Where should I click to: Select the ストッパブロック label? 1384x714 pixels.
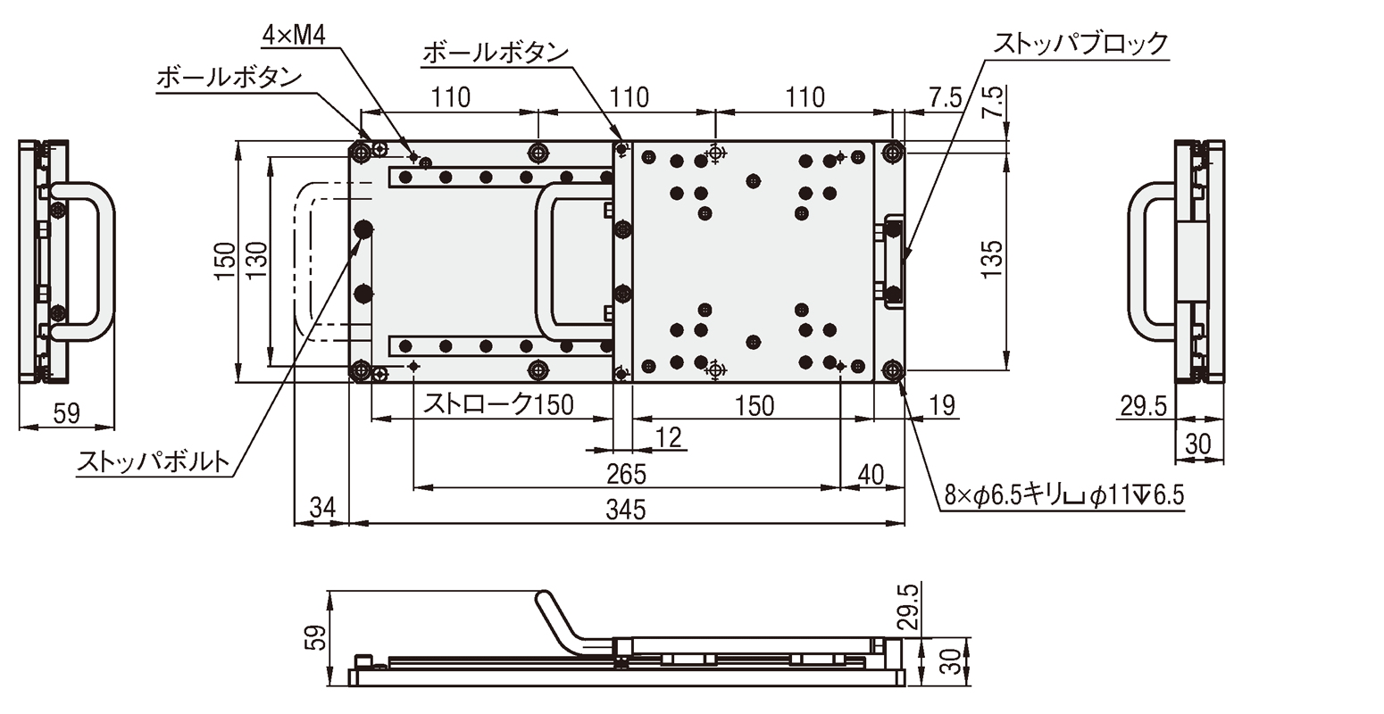click(1080, 43)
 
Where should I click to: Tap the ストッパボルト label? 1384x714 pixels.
click(153, 462)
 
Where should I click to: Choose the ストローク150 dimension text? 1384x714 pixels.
click(498, 405)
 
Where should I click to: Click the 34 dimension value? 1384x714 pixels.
click(321, 510)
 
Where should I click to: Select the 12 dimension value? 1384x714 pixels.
click(668, 437)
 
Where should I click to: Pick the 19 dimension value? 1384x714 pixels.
click(940, 405)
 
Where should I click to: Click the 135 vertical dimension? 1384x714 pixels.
click(993, 259)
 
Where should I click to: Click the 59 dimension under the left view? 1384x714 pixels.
click(66, 413)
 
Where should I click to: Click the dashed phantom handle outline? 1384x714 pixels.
click(300, 259)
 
